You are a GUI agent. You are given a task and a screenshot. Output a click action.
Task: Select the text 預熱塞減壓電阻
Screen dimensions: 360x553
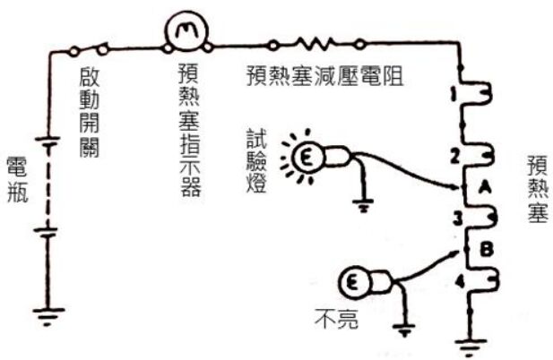click(x=325, y=75)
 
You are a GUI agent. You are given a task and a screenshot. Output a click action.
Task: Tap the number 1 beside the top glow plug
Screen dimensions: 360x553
click(x=454, y=92)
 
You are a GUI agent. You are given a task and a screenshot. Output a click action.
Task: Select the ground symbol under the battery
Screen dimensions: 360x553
click(x=45, y=315)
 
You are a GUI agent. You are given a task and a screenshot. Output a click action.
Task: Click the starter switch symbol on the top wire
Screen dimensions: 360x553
click(x=89, y=47)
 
